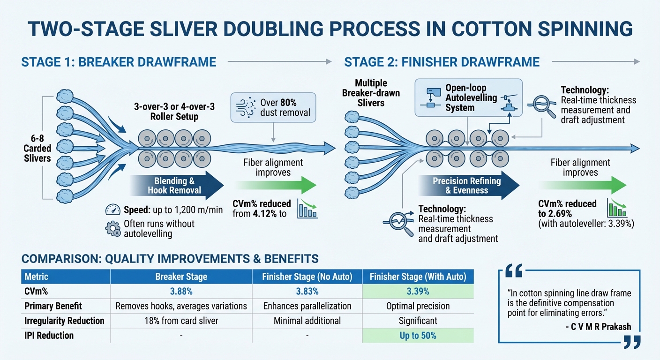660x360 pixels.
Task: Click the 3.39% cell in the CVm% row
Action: click(418, 291)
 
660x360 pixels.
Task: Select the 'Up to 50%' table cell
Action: click(418, 336)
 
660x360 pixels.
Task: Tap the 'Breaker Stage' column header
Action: click(181, 277)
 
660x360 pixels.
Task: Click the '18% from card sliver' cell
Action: click(181, 321)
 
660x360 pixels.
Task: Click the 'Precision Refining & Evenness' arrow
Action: click(469, 185)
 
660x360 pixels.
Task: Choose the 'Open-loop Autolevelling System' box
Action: click(469, 97)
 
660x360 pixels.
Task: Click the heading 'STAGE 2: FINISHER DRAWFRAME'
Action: click(442, 62)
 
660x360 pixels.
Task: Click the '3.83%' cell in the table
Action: click(307, 291)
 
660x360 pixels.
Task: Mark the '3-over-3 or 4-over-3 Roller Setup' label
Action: click(174, 112)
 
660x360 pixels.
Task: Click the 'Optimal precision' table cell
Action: click(418, 306)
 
